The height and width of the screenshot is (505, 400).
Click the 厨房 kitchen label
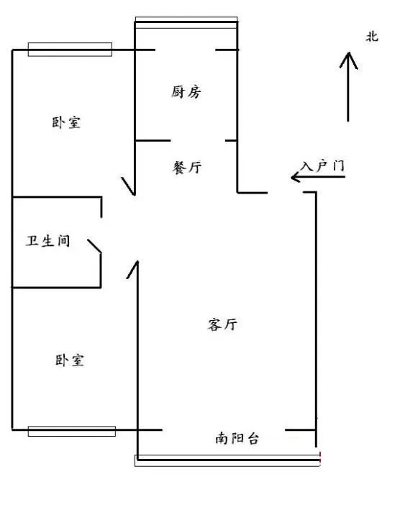[x=186, y=92]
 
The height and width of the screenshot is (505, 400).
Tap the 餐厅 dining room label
[x=187, y=168]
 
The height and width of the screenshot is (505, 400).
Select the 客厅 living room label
[x=222, y=324]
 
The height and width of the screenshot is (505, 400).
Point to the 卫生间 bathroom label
[x=48, y=240]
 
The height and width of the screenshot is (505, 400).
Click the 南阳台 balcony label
[x=237, y=438]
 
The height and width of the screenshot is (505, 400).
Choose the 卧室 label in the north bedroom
[x=66, y=122]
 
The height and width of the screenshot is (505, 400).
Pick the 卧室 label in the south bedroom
[x=70, y=360]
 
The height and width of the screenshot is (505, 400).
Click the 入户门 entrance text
[x=322, y=166]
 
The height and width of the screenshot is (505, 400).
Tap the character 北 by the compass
[x=372, y=37]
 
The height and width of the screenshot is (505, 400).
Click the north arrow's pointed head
[x=348, y=53]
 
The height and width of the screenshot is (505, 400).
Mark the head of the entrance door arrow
[x=292, y=177]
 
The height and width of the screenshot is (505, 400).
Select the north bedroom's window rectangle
[x=70, y=50]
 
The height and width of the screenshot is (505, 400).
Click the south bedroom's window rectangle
[x=72, y=431]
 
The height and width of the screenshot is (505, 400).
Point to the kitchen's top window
[x=186, y=22]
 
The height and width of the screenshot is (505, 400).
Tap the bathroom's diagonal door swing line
[x=94, y=246]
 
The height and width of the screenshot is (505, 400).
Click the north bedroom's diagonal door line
[x=127, y=186]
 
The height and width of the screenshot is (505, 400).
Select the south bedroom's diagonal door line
[x=132, y=270]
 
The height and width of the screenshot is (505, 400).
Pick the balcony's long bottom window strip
[x=227, y=460]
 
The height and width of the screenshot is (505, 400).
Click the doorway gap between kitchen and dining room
[x=198, y=140]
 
